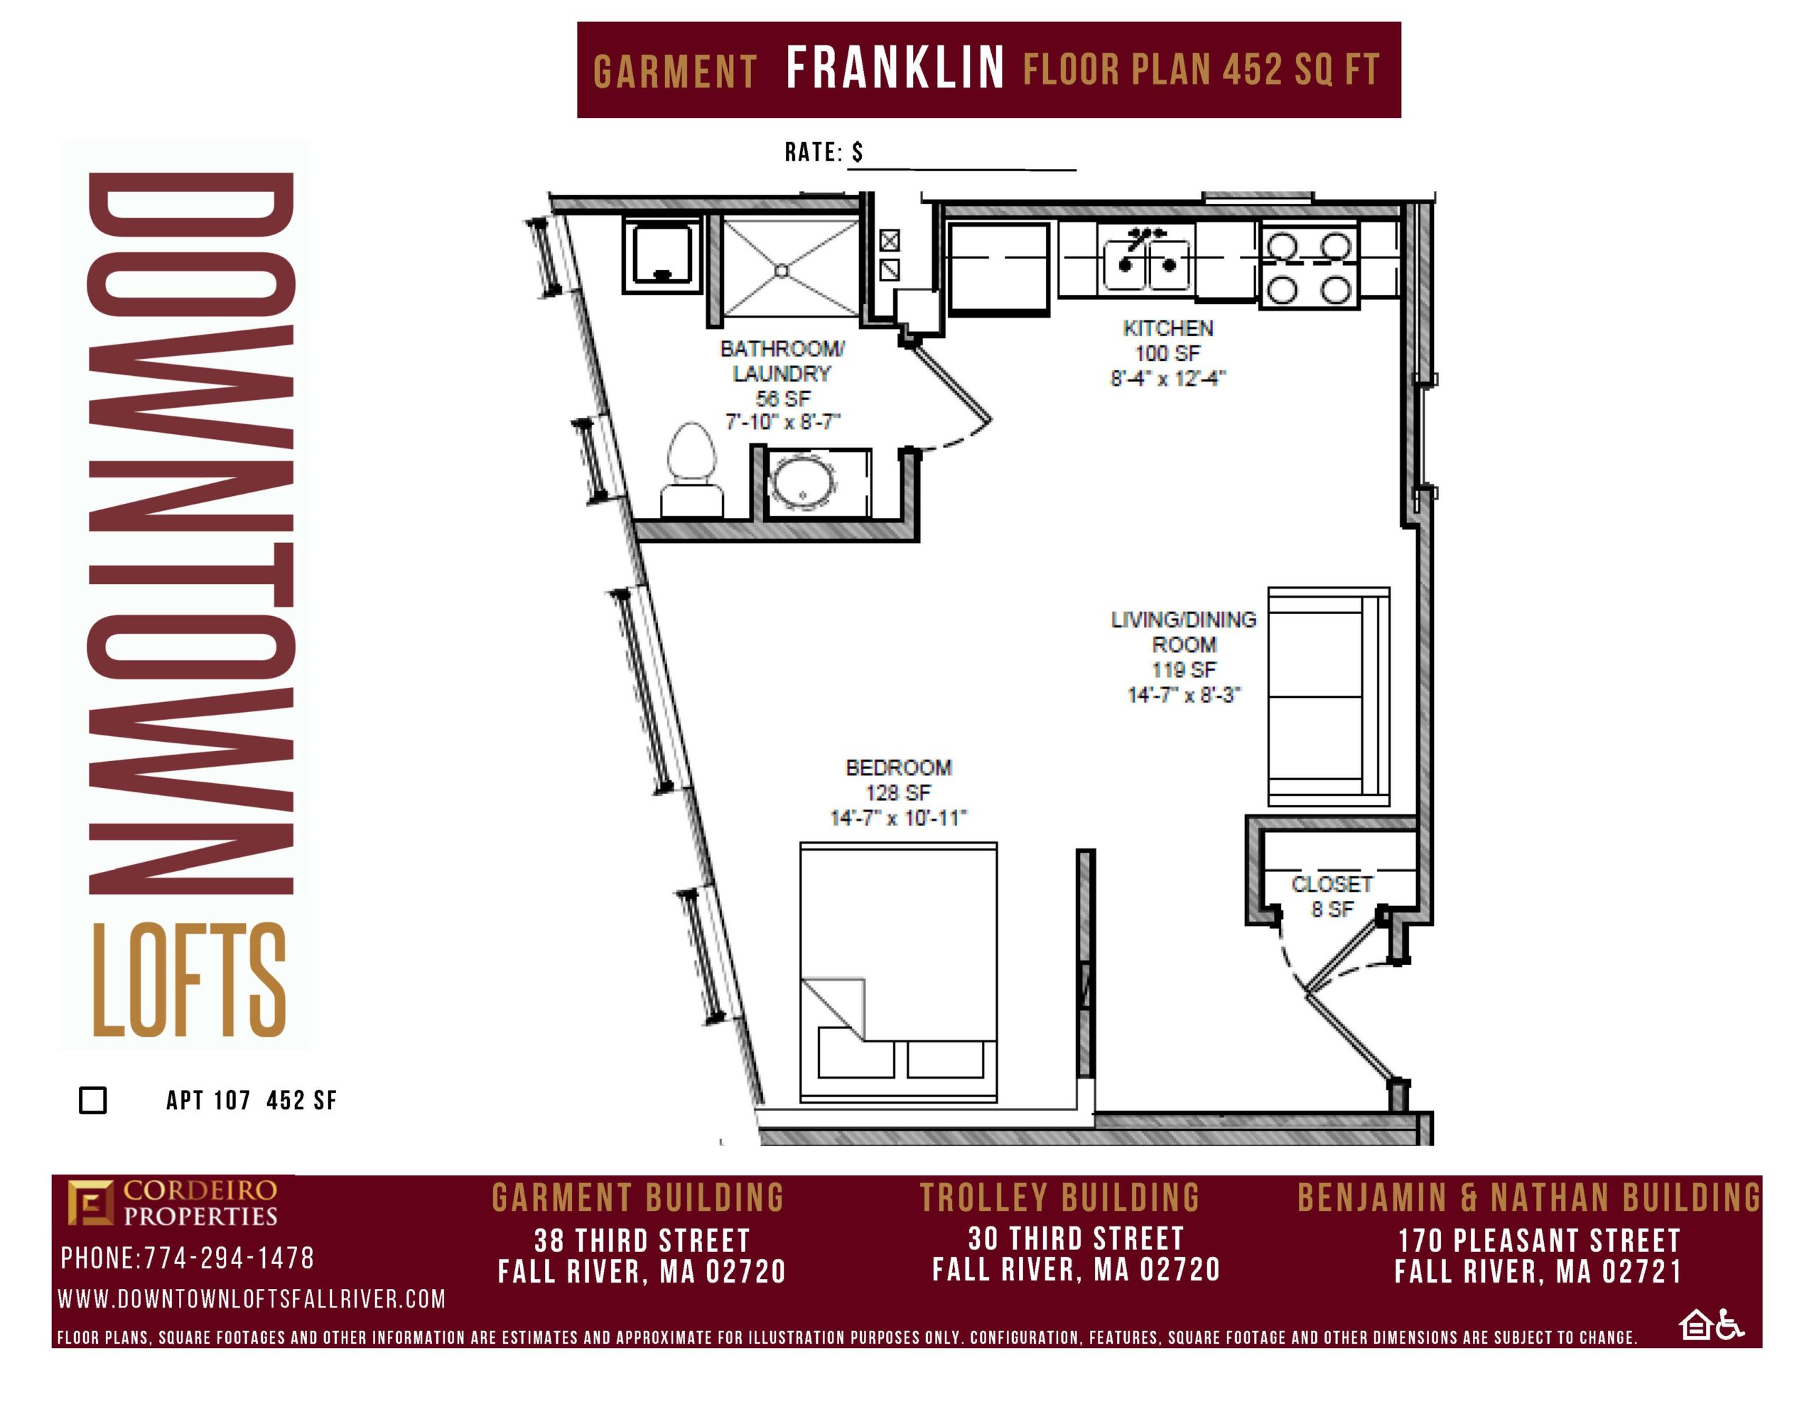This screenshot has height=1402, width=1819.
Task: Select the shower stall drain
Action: click(781, 271)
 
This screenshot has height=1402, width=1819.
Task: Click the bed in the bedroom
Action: click(899, 973)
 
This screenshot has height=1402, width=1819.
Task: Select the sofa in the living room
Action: click(1329, 696)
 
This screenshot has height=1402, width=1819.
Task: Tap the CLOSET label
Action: click(1332, 884)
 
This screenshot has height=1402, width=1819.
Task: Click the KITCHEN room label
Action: click(1167, 328)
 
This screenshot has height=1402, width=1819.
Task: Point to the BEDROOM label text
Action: click(899, 767)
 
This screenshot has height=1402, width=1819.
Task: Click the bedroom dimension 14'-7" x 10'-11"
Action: click(899, 818)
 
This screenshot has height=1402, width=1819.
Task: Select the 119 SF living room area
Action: click(1184, 670)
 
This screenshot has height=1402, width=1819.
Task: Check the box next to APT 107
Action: click(92, 1099)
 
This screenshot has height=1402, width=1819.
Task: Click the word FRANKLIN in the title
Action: click(895, 68)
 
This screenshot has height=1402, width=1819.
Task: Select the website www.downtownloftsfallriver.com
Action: click(252, 1299)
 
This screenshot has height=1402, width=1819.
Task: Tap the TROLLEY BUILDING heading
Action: click(1059, 1198)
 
